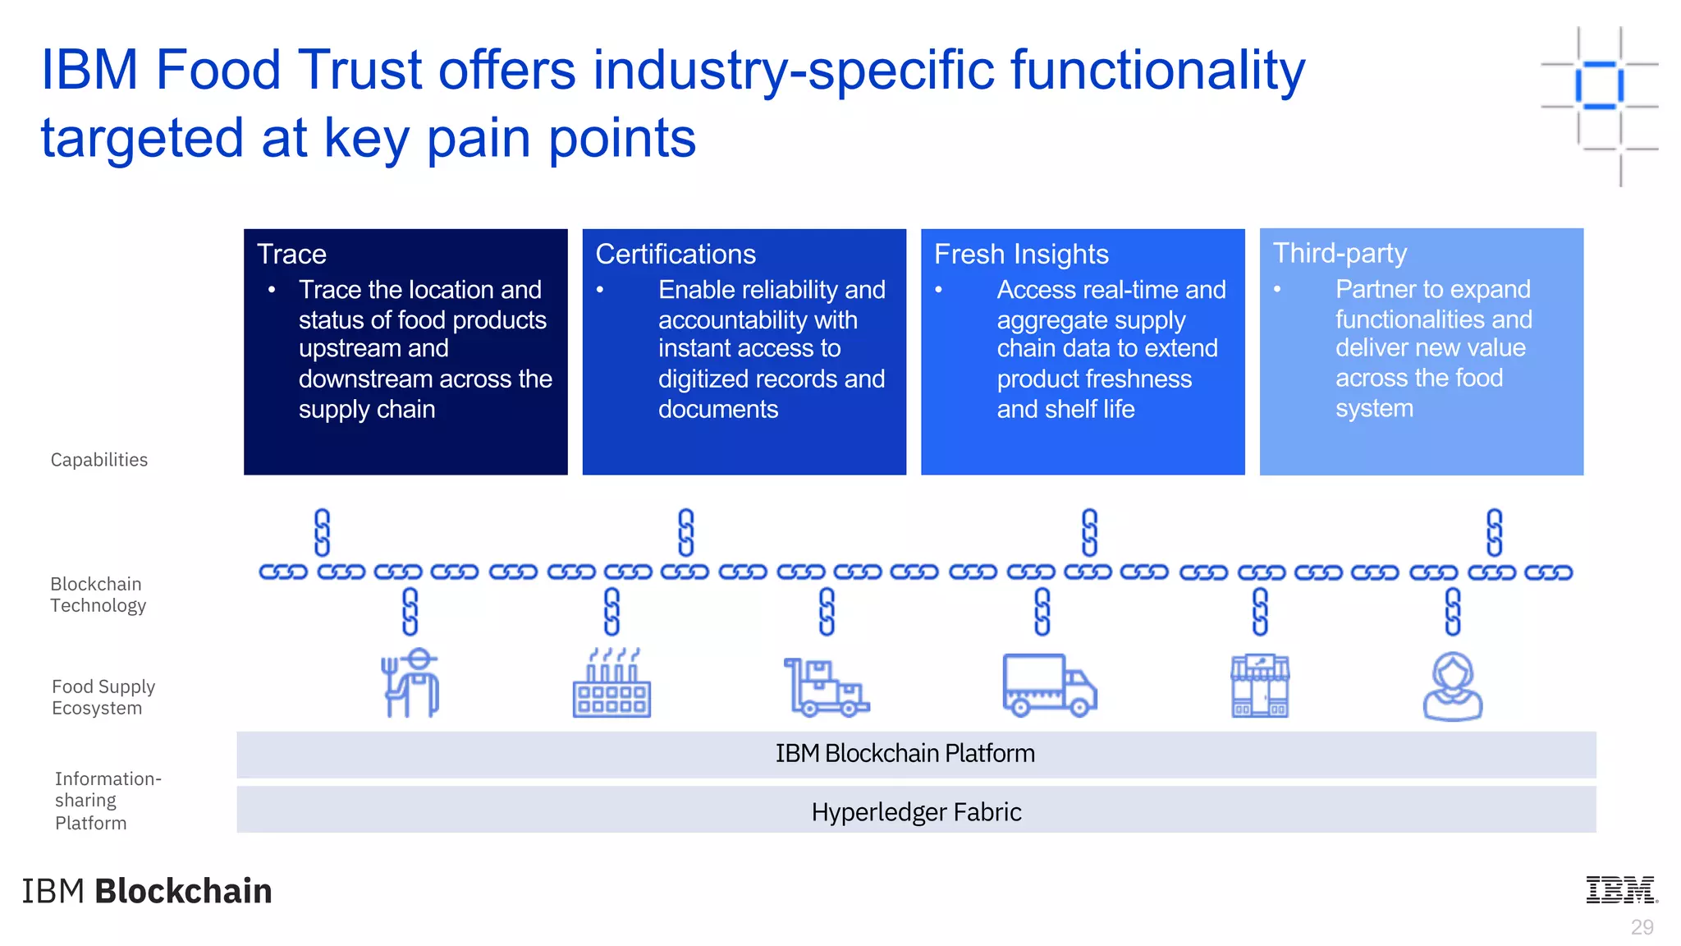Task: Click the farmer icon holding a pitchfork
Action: [x=410, y=683]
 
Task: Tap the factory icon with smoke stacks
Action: [x=611, y=685]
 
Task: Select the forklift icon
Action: [x=826, y=687]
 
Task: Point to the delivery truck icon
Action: [x=1049, y=685]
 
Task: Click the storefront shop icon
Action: [x=1260, y=686]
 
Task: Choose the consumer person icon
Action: [x=1452, y=687]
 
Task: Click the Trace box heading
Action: [x=291, y=254]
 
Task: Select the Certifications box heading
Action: [x=675, y=254]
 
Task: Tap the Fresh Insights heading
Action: [x=1021, y=254]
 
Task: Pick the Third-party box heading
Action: [x=1340, y=253]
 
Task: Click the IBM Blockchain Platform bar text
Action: [x=905, y=753]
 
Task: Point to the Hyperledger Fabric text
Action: [x=916, y=812]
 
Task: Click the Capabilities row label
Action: [x=99, y=460]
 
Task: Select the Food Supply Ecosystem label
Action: [x=103, y=697]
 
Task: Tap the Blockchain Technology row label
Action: [x=98, y=595]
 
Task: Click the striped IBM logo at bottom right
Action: [x=1621, y=889]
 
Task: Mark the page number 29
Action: [x=1642, y=927]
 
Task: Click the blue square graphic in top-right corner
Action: [x=1599, y=85]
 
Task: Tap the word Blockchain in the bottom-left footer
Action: [x=183, y=891]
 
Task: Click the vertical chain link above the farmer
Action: [x=410, y=612]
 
